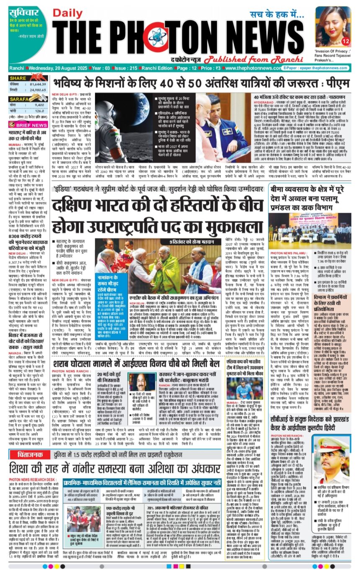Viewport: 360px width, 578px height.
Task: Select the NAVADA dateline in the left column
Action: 16,335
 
